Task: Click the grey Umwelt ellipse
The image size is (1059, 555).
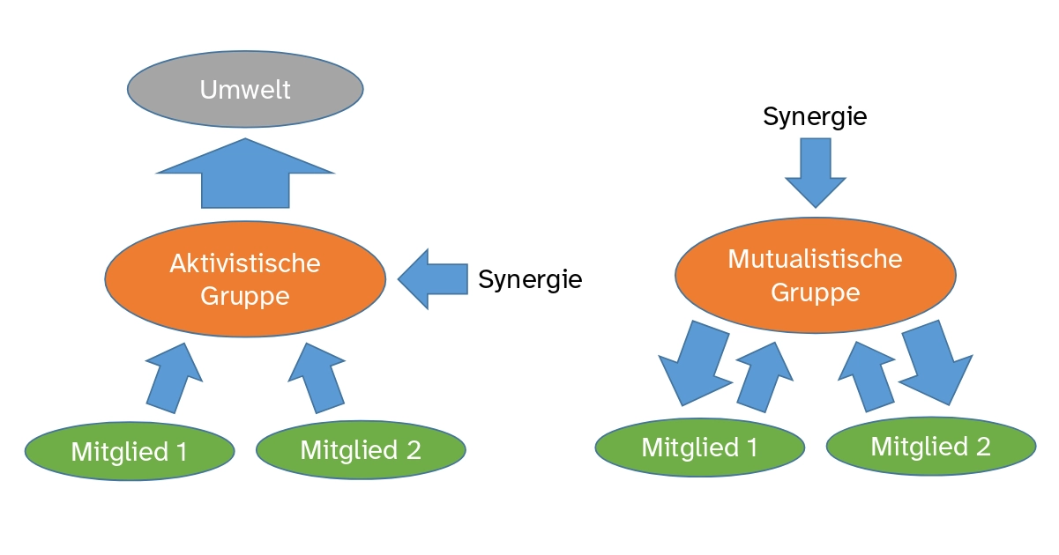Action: pos(245,89)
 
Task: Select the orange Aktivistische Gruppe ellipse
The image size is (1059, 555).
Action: pos(245,279)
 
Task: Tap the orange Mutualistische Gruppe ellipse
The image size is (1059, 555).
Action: pos(816,276)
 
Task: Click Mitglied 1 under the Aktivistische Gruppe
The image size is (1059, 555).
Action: pos(130,452)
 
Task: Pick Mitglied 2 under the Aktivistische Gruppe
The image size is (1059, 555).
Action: pos(361,449)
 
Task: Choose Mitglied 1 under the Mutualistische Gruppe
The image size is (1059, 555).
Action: pos(700,448)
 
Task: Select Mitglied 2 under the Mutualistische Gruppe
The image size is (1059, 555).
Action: pos(931,447)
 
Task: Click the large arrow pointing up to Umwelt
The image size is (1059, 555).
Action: pos(245,174)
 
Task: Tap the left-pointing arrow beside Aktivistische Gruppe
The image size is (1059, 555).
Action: pos(433,279)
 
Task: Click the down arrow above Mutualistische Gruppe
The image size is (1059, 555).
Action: pos(816,173)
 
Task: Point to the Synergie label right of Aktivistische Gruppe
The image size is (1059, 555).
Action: pos(530,279)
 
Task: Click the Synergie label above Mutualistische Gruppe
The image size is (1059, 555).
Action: pos(815,116)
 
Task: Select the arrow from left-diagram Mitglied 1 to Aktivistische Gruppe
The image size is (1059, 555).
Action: pos(175,378)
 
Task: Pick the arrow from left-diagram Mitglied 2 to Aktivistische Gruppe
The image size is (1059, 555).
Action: pos(317,378)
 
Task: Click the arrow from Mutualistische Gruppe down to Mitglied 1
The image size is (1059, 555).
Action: pos(695,363)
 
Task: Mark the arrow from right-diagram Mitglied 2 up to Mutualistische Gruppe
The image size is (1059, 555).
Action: pos(867,377)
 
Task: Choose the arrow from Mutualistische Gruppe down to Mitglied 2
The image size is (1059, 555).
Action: pos(936,363)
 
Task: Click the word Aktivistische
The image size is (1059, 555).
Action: pos(245,263)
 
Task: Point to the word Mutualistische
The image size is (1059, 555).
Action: pos(816,259)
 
